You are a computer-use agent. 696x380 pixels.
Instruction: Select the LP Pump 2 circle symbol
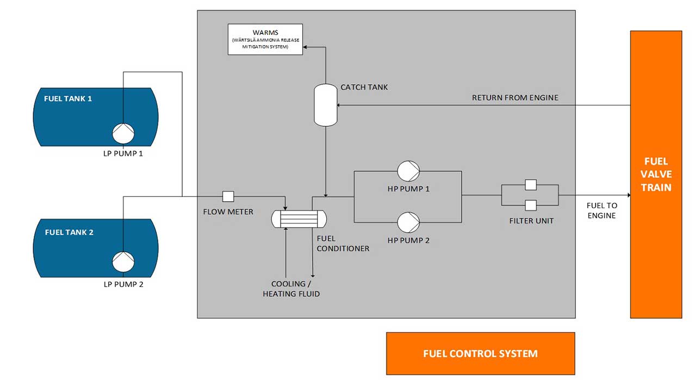coord(123,262)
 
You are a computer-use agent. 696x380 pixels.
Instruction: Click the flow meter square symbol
coord(228,196)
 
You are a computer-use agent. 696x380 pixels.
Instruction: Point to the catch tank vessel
coord(326,105)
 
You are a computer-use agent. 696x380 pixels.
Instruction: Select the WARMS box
coord(265,39)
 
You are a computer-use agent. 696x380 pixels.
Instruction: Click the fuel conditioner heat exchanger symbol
coord(299,219)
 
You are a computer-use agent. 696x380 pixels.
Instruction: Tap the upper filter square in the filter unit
coord(530,185)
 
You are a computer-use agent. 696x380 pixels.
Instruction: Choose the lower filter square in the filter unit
coord(530,205)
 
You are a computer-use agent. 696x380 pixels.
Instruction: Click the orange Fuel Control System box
coord(480,353)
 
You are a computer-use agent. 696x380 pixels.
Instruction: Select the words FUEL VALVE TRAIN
coord(656,175)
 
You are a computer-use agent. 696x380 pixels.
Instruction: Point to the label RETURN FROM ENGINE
coord(515,98)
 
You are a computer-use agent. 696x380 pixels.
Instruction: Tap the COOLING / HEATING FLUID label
coord(291,289)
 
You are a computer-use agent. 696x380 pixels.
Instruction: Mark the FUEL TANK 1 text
coord(68,99)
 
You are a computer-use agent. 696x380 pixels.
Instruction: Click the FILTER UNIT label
coord(531,221)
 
